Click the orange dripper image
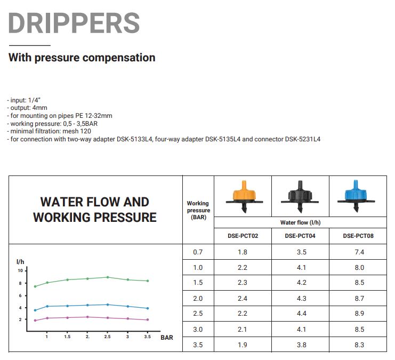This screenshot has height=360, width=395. pyautogui.click(x=244, y=197)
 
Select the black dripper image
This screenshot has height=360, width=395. pyautogui.click(x=300, y=197)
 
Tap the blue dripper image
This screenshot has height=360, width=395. pyautogui.click(x=356, y=196)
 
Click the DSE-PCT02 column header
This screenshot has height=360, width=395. pyautogui.click(x=243, y=236)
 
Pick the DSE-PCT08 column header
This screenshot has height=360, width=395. pyautogui.click(x=358, y=236)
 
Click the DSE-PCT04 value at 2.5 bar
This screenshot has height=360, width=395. pyautogui.click(x=301, y=314)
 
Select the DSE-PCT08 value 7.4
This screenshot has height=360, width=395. pyautogui.click(x=359, y=252)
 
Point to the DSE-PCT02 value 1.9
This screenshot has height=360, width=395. pyautogui.click(x=243, y=345)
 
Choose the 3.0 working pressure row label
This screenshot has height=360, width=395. pyautogui.click(x=198, y=329)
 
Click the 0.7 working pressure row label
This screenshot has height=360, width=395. pyautogui.click(x=198, y=252)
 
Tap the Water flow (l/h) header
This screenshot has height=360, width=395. pyautogui.click(x=300, y=222)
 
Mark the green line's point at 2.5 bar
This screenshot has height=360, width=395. pyautogui.click(x=108, y=277)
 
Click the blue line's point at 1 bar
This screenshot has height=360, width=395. pyautogui.click(x=47, y=306)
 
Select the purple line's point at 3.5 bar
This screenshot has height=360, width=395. pyautogui.click(x=148, y=319)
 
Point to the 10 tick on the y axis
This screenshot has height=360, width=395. pyautogui.click(x=20, y=271)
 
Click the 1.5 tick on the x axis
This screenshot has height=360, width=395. pyautogui.click(x=67, y=337)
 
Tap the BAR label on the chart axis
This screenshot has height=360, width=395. pyautogui.click(x=167, y=338)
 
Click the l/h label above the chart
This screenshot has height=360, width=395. pyautogui.click(x=20, y=262)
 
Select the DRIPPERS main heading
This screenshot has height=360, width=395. pyautogui.click(x=74, y=23)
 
